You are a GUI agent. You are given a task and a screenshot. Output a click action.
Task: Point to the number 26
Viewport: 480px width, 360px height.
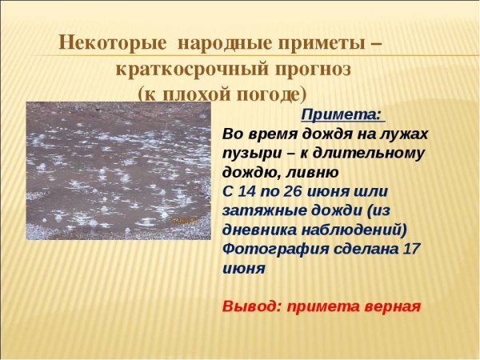pyautogui.click(x=303, y=191)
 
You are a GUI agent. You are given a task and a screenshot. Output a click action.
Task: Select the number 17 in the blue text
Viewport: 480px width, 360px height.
pyautogui.click(x=410, y=249)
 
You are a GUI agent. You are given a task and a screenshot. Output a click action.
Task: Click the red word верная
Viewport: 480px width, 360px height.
pyautogui.click(x=391, y=306)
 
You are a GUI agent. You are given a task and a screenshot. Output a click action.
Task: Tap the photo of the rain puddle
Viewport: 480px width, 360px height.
pyautogui.click(x=115, y=170)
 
